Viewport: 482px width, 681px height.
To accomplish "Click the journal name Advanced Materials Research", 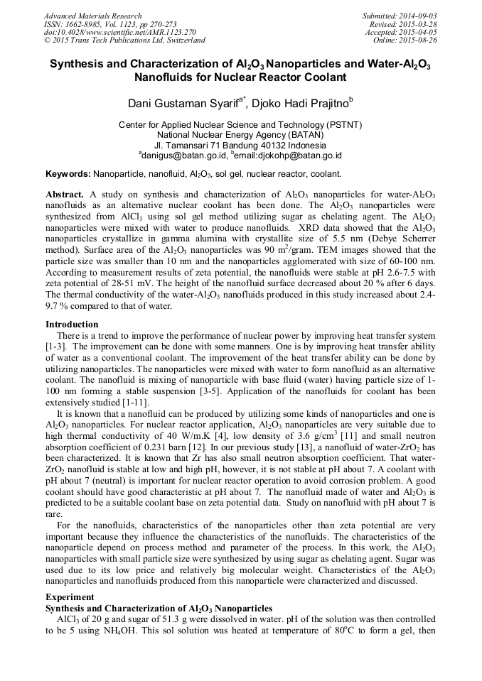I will click(x=92, y=16).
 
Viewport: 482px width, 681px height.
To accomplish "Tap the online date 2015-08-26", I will click(x=419, y=40).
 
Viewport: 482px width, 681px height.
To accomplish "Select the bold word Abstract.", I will click(x=65, y=194).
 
